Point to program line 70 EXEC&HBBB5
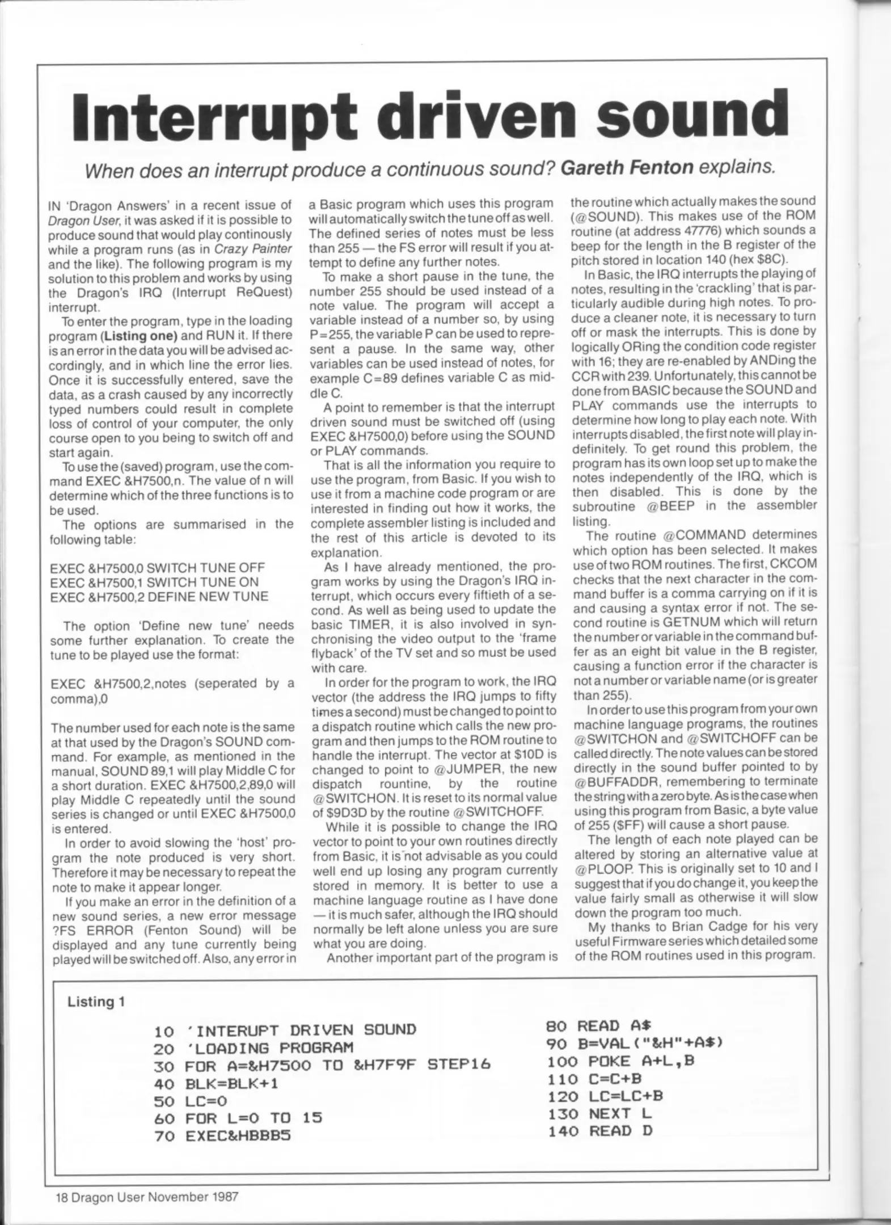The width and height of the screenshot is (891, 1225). [222, 1136]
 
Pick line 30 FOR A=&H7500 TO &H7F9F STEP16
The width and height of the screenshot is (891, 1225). [322, 1066]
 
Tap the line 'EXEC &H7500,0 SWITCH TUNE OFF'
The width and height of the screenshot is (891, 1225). [157, 568]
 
